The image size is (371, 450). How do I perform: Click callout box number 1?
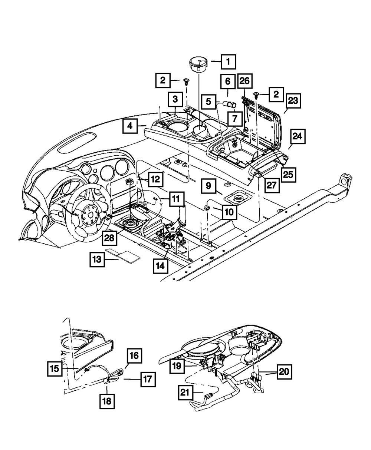(229, 62)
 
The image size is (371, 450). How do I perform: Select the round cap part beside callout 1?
(200, 64)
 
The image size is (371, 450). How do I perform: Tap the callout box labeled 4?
(130, 126)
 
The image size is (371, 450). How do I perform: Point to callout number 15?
(55, 369)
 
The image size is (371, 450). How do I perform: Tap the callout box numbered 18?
(106, 401)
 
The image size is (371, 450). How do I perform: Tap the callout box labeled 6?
(228, 81)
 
